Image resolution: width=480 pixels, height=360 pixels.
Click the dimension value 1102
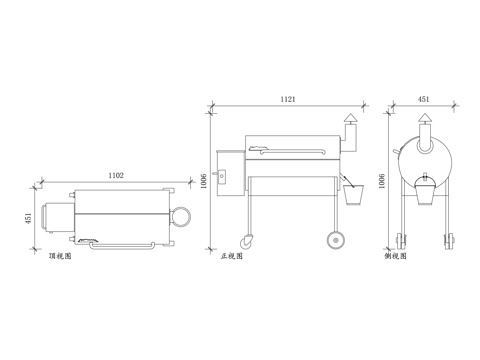116,175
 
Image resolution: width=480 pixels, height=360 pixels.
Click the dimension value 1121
288,99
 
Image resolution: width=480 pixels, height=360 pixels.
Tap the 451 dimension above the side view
423,99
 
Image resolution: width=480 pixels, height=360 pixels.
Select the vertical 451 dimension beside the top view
28,218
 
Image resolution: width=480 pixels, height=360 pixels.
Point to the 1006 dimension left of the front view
204,181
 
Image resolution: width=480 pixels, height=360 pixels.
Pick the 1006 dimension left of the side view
382,181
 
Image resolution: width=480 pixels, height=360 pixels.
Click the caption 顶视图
60,256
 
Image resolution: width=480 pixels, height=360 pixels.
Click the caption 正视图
232,256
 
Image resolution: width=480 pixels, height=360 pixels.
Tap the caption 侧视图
395,256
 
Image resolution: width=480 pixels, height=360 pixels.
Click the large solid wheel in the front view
336,240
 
